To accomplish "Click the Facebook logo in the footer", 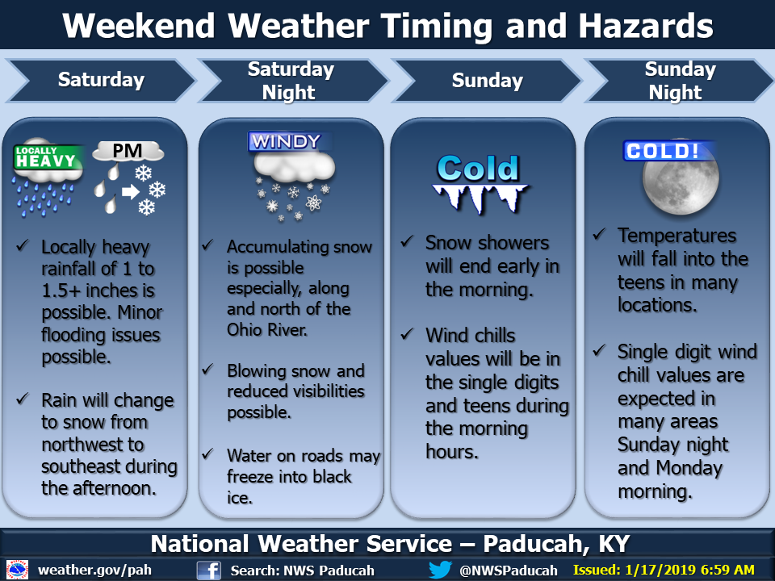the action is point(208,571).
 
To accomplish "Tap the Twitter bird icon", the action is point(440,570).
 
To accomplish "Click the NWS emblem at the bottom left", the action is point(17,570).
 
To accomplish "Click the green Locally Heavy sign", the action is point(47,157).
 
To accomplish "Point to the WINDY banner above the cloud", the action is point(286,142).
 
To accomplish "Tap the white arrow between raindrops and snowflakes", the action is point(131,191).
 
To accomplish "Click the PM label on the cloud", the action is point(127,151).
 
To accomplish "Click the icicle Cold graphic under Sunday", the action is point(479,184).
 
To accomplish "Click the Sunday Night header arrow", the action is point(678,81).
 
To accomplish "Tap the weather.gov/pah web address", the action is point(95,571).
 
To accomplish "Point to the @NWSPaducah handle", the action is point(508,571).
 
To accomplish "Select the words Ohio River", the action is point(267,329).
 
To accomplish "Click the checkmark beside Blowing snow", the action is point(208,370).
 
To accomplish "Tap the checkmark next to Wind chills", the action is point(407,334).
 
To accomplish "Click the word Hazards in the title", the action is point(646,26).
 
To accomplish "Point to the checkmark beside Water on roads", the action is point(208,454).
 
